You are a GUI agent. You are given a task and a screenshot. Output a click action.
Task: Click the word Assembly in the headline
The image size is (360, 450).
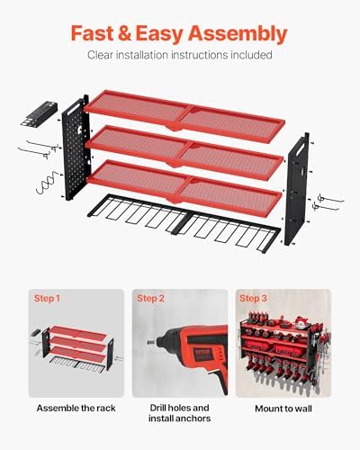tap(238, 34)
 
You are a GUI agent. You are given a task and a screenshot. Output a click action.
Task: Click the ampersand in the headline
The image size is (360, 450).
tap(125, 33)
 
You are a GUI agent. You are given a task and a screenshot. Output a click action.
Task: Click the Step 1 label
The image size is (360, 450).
tap(47, 298)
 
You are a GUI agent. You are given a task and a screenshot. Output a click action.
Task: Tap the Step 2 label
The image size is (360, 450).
tap(150, 298)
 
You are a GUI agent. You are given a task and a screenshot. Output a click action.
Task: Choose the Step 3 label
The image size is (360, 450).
tap(253, 298)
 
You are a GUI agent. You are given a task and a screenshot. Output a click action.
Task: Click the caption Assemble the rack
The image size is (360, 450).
tap(76, 409)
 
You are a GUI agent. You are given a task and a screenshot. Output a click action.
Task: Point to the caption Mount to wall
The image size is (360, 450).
tap(283, 409)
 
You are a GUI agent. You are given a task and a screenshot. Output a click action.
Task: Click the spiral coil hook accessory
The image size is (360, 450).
tap(48, 183)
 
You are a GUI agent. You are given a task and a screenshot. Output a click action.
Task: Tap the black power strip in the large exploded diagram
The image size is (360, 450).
tap(39, 113)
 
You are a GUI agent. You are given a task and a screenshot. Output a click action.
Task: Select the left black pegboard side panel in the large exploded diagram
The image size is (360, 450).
tap(76, 148)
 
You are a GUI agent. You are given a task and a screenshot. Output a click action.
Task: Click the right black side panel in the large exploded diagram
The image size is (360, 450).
tap(297, 189)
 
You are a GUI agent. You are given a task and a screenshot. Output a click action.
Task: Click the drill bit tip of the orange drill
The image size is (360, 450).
tap(148, 342)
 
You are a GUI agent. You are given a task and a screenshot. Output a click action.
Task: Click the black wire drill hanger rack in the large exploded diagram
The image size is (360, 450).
tap(184, 223)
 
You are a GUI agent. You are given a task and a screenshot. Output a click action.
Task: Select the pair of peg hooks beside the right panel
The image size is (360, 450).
tap(328, 202)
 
